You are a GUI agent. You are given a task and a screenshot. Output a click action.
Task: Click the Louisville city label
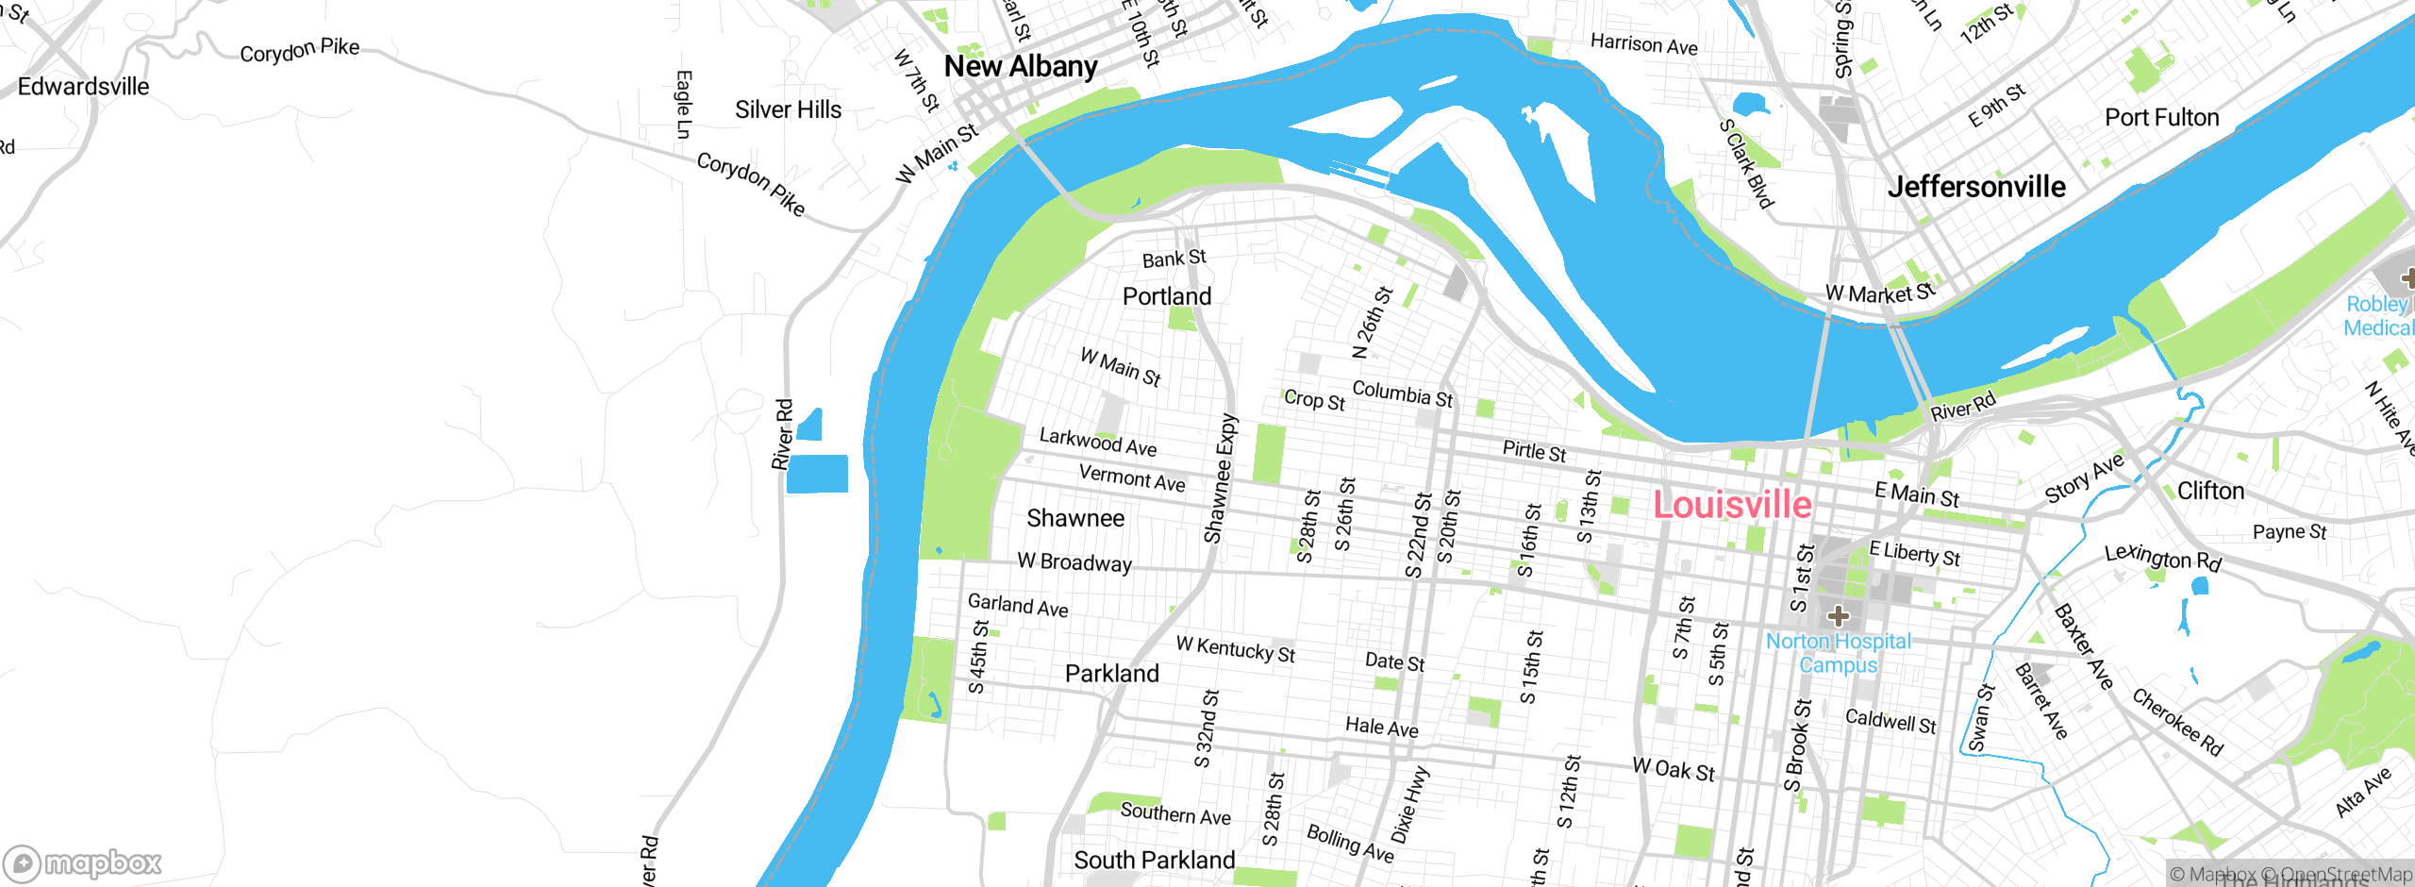pos(1732,505)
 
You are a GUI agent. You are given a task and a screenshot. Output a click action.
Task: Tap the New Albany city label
pos(1021,66)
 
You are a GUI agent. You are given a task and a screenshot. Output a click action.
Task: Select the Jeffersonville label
pos(1976,186)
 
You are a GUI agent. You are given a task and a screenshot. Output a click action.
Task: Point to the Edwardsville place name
pos(83,87)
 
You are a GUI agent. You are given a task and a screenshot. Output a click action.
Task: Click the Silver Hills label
pos(788,109)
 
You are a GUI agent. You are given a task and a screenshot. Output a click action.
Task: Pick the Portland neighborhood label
pos(1167,296)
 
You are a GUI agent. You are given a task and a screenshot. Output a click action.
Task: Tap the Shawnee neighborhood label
pos(1075,518)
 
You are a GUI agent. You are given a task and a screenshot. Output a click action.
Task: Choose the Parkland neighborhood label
pos(1111,674)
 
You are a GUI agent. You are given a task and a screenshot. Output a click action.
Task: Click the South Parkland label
pos(1154,860)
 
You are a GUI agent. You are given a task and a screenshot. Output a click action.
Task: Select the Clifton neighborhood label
pos(2209,491)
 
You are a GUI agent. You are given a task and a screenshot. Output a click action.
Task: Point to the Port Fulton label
pos(2161,118)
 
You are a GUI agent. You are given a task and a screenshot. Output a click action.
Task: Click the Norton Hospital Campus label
pos(1838,653)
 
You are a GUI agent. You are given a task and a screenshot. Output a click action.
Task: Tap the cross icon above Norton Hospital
pos(1838,616)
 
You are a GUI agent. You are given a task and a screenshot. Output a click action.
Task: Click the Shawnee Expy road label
pos(1221,479)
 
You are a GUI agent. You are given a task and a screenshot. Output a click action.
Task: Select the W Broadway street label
pos(1074,562)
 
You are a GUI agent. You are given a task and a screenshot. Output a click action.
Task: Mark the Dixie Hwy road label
pos(1410,805)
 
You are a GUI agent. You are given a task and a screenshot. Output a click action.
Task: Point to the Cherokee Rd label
pos(2177,723)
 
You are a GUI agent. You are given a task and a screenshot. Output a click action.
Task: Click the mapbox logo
pos(83,862)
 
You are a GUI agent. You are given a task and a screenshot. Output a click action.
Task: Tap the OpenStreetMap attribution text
pos(2345,875)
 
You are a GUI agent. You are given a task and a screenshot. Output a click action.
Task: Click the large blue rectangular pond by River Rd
pos(817,474)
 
